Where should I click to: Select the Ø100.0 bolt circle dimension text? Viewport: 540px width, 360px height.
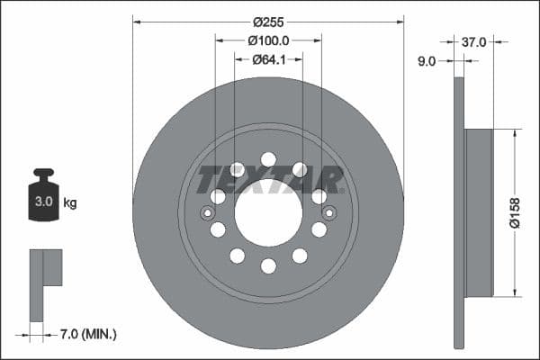[x=268, y=40]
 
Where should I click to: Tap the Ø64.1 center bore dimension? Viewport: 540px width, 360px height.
[x=268, y=59]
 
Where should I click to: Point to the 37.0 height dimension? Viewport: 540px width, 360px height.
[x=474, y=41]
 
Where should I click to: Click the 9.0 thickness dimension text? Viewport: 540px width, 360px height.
[x=427, y=61]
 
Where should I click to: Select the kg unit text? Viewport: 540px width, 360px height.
[x=69, y=203]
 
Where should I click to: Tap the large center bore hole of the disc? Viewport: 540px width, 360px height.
[x=268, y=212]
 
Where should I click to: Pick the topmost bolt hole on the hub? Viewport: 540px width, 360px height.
[x=268, y=159]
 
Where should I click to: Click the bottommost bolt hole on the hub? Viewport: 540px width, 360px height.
[x=268, y=265]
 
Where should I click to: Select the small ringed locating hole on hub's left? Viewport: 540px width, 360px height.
[x=208, y=212]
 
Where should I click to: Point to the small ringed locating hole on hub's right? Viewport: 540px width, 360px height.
[x=328, y=212]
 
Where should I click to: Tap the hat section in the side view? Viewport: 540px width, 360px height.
[x=480, y=212]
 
